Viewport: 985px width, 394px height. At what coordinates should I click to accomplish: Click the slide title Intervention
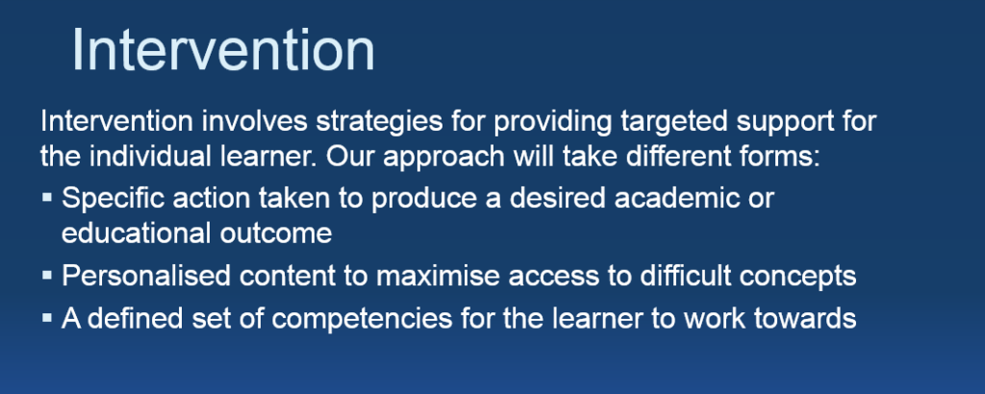coord(223,50)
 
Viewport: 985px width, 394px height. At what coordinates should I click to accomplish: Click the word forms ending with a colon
coord(781,157)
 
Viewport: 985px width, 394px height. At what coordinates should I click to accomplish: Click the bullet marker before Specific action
coord(47,198)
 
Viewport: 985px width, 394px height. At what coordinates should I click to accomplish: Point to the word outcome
coord(276,234)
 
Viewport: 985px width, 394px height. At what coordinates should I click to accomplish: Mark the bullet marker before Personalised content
coord(47,275)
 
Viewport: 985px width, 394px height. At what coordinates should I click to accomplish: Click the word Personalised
coord(146,277)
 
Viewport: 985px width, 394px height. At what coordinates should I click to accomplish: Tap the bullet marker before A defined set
coord(47,318)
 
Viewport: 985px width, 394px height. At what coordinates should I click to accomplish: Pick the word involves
coord(254,122)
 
